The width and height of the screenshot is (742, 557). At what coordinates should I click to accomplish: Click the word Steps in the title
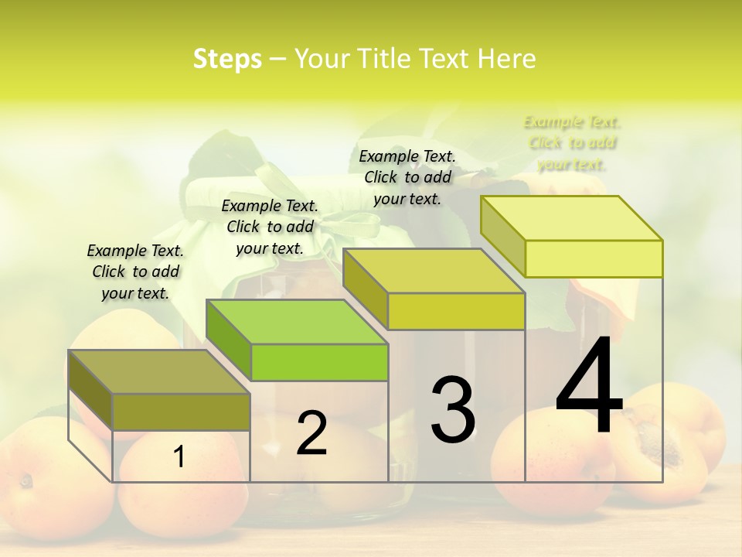(226, 59)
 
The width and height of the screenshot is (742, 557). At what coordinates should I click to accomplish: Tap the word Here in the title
(506, 59)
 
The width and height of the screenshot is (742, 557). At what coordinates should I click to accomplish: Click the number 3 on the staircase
(452, 409)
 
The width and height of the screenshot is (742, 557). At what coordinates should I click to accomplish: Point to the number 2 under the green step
(311, 433)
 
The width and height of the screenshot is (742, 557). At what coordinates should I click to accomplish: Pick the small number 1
(179, 457)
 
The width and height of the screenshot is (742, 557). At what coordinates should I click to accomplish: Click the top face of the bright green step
(297, 322)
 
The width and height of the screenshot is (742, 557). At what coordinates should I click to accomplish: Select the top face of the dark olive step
(159, 372)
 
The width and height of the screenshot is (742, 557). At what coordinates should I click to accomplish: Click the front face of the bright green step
(319, 362)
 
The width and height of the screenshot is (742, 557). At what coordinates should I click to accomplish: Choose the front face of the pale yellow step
(594, 258)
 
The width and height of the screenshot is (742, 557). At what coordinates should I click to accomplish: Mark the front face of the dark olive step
(181, 412)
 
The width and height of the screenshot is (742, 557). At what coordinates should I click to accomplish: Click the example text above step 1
(135, 272)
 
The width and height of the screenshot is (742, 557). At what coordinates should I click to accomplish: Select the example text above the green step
(270, 227)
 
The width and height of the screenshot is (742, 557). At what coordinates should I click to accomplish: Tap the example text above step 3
(407, 177)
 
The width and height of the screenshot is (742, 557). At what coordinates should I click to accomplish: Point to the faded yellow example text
(572, 143)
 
